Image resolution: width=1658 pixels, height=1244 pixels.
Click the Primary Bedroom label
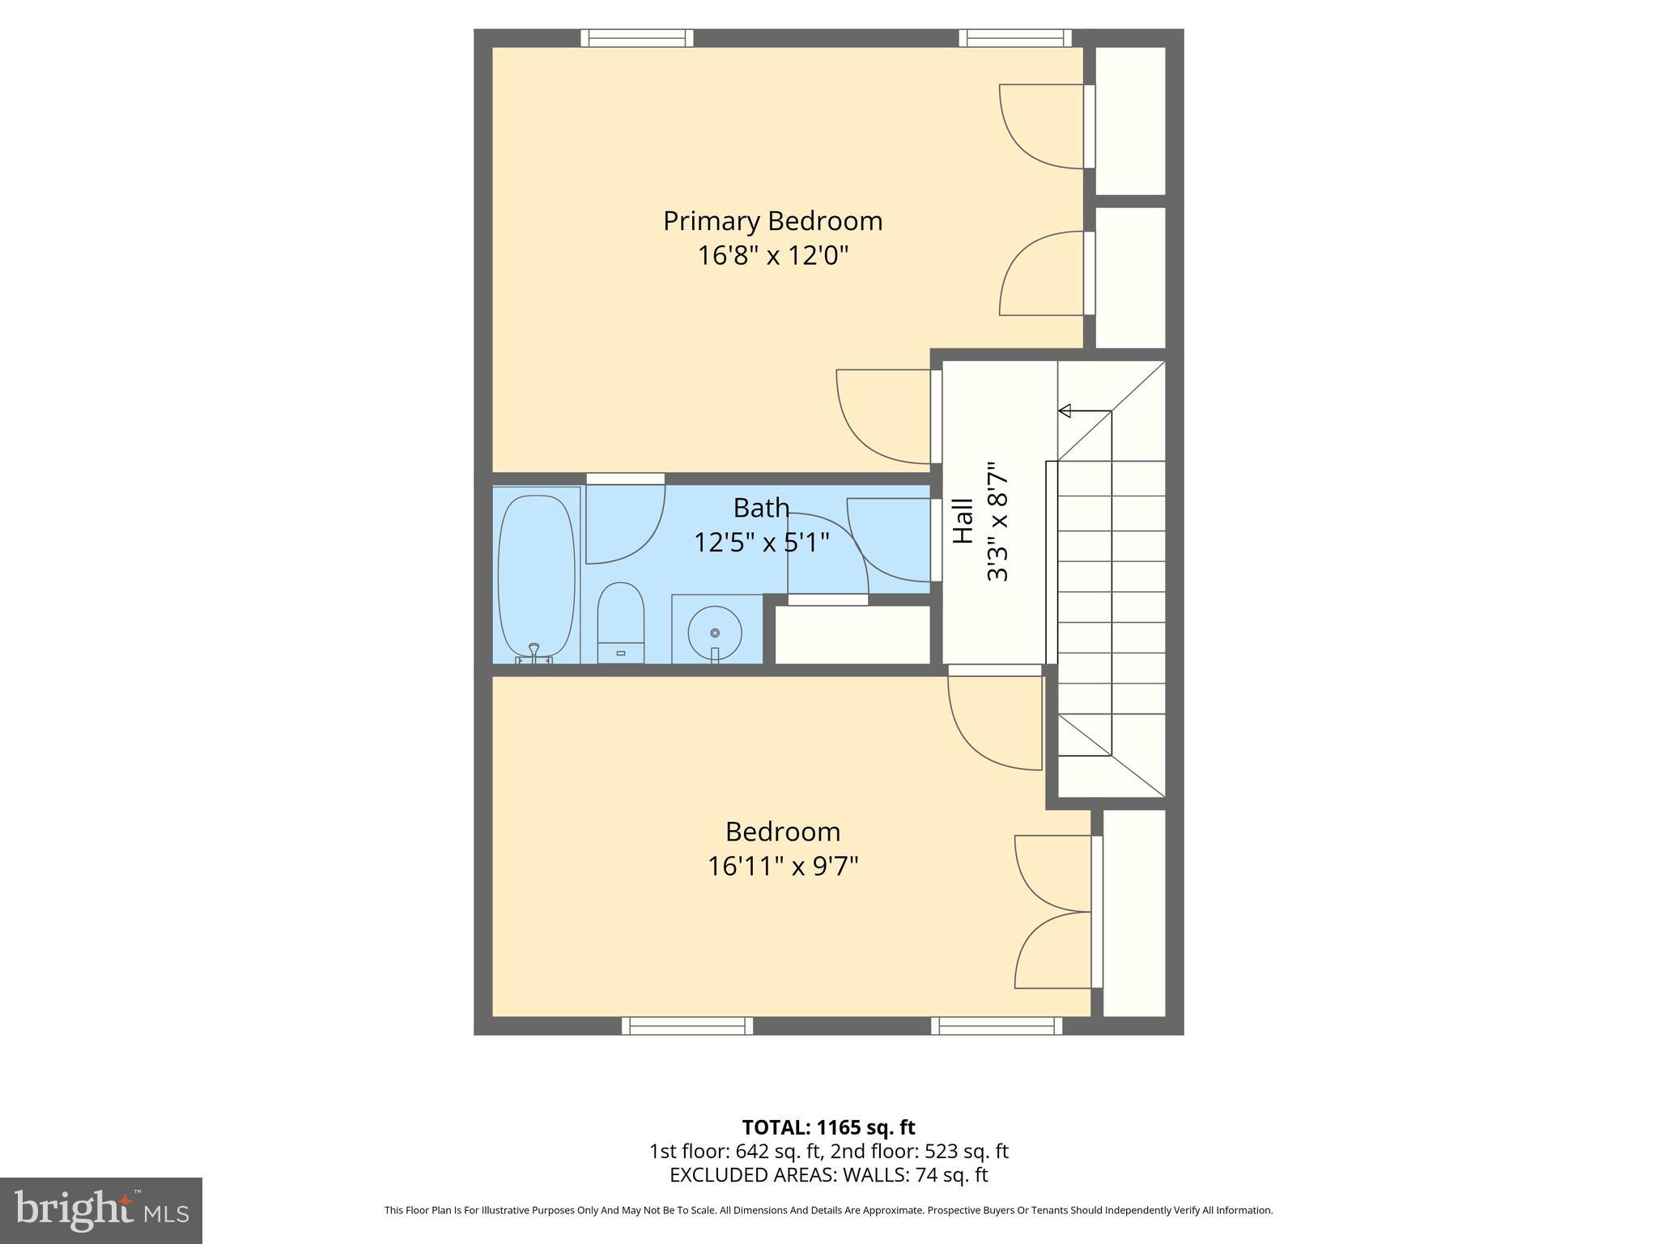[x=772, y=221]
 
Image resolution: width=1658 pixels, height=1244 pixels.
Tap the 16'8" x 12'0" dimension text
[x=772, y=256]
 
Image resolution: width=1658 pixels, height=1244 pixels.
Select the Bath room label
[x=760, y=508]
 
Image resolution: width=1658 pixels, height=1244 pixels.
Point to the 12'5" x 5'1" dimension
[x=761, y=543]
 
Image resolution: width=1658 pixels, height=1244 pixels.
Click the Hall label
[x=963, y=521]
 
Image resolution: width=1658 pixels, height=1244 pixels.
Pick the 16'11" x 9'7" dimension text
[x=782, y=867]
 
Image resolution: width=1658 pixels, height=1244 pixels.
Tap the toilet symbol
[x=620, y=622]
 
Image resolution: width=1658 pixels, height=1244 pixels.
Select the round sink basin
[x=715, y=632]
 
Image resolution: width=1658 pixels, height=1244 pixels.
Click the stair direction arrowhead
[x=1065, y=411]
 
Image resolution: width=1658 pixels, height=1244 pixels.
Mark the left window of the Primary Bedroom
[x=637, y=37]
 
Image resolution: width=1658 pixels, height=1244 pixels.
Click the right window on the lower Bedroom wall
[x=997, y=1026]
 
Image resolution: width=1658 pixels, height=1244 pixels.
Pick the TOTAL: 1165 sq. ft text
[x=828, y=1127]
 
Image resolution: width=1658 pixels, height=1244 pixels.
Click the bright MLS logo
[x=100, y=1210]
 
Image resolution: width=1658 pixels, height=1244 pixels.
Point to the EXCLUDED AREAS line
[x=828, y=1174]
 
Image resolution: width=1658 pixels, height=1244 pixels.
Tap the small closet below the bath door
[x=852, y=634]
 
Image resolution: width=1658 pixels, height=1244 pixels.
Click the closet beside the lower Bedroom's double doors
[x=1134, y=912]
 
